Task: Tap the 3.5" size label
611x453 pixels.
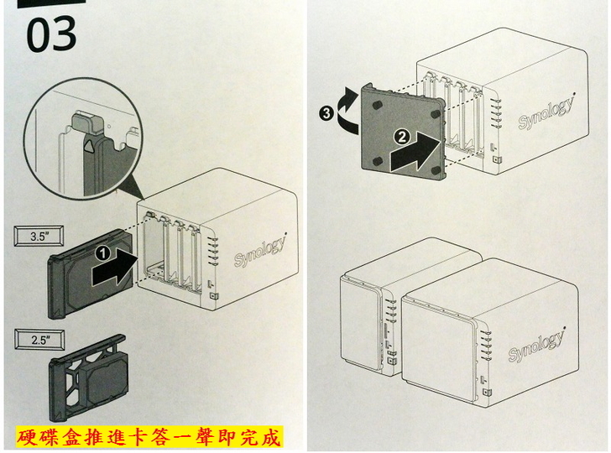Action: point(39,237)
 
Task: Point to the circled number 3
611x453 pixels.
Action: point(326,110)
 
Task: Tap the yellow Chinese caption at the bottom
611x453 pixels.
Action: point(149,436)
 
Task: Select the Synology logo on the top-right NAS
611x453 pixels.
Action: point(546,112)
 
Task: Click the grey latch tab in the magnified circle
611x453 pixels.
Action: point(88,123)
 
